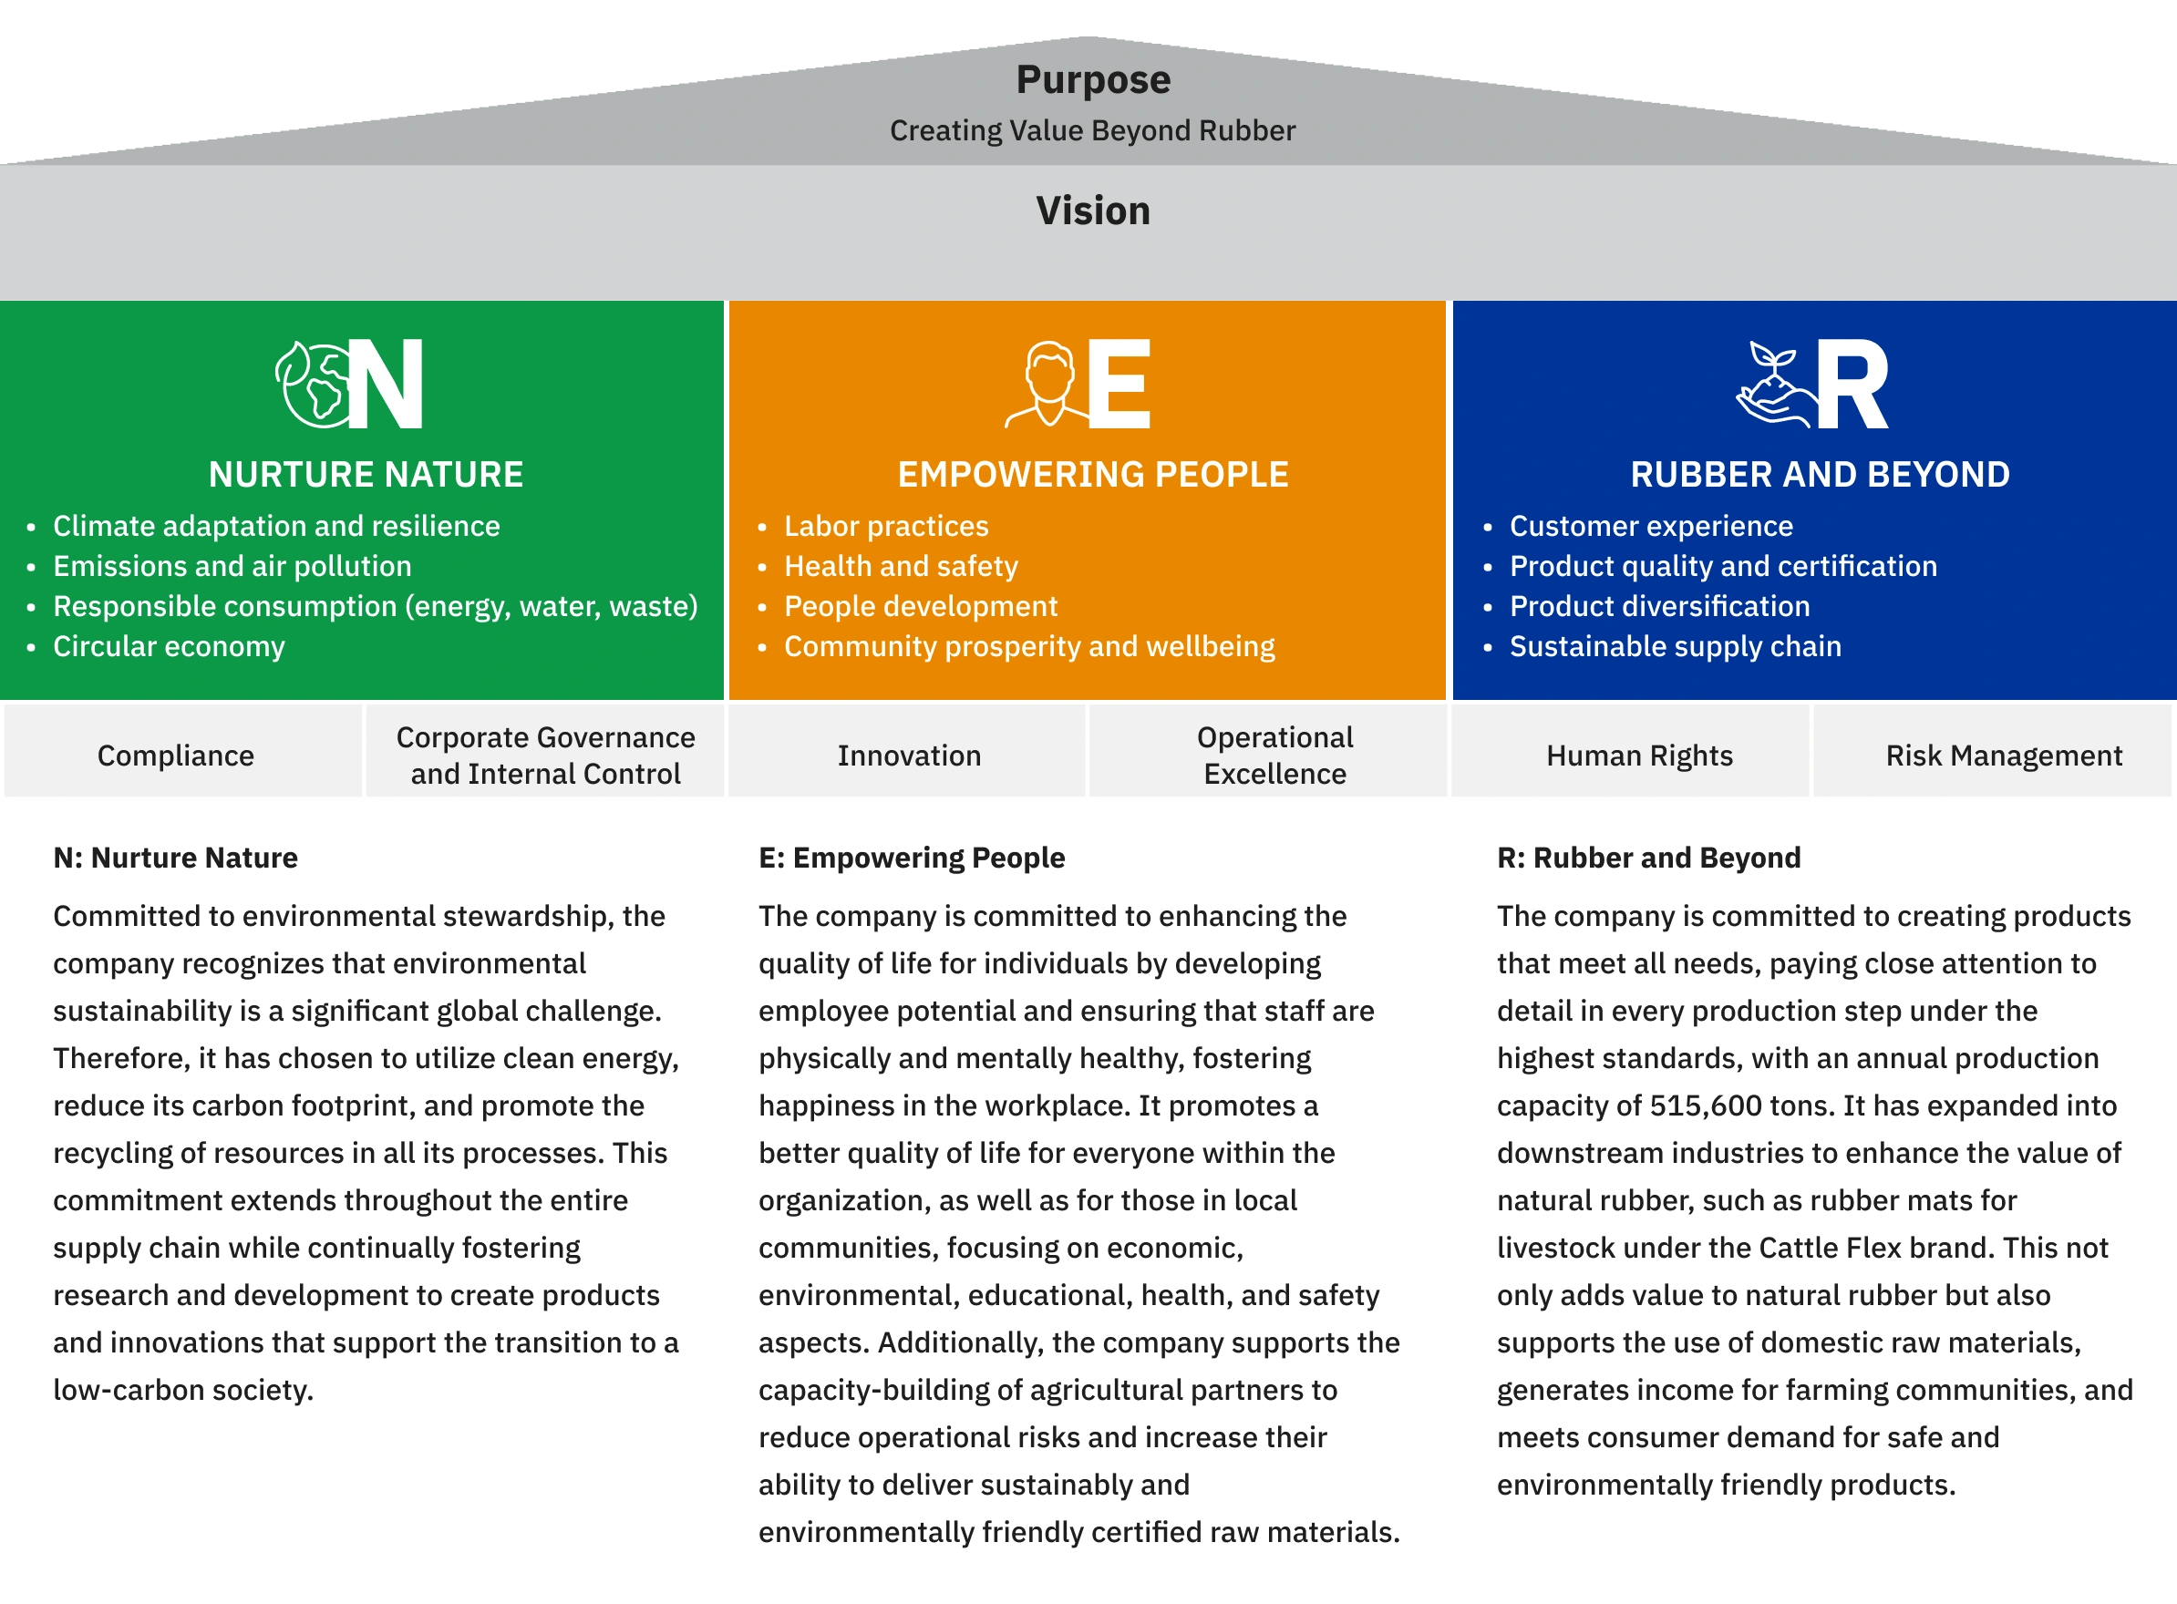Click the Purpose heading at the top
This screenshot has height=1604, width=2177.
coord(1092,79)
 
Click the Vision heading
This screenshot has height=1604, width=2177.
coord(1092,211)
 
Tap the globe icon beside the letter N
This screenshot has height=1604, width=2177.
coord(311,385)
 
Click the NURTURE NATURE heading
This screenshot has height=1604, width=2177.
coord(366,475)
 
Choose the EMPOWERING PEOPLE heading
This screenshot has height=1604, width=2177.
coord(1092,475)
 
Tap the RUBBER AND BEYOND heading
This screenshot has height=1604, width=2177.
coord(1820,475)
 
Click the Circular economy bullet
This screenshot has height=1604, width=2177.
coord(169,647)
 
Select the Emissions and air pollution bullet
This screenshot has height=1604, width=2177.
coord(232,566)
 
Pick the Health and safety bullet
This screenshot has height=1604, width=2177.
coord(901,566)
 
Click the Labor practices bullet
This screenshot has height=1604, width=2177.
coord(886,526)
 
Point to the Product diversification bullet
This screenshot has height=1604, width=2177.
coord(1659,607)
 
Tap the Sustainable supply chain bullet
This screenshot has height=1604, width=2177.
coord(1675,647)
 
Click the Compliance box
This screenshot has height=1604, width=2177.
coord(176,756)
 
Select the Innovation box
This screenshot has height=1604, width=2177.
coord(909,756)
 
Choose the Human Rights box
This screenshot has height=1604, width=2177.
coord(1639,756)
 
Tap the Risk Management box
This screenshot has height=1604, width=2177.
coord(2003,756)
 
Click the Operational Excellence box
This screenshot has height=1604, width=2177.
coord(1275,756)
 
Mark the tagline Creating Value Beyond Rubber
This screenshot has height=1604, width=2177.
coord(1092,130)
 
